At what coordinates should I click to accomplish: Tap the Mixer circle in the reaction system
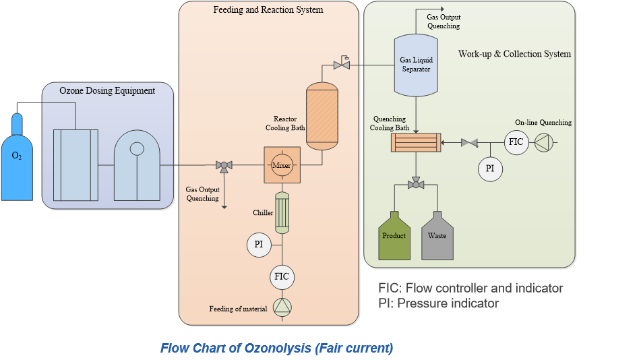click(281, 164)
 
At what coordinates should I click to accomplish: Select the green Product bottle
click(394, 237)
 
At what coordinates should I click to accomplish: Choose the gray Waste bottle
click(437, 237)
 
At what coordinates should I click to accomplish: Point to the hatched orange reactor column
click(322, 115)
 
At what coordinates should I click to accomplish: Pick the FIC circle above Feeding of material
click(282, 276)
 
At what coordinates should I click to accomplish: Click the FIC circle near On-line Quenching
click(516, 142)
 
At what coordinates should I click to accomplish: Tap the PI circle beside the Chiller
click(258, 244)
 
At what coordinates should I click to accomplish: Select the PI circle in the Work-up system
click(490, 169)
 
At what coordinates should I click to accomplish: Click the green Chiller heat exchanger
click(282, 212)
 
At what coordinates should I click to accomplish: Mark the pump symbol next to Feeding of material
click(282, 308)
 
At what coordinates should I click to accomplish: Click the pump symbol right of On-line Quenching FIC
click(543, 142)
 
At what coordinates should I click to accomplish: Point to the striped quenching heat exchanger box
click(415, 142)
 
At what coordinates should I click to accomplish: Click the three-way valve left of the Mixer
click(224, 165)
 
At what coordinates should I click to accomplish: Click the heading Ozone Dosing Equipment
click(107, 91)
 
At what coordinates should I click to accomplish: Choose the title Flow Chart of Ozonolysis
click(276, 349)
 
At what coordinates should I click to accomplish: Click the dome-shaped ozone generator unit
click(137, 165)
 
